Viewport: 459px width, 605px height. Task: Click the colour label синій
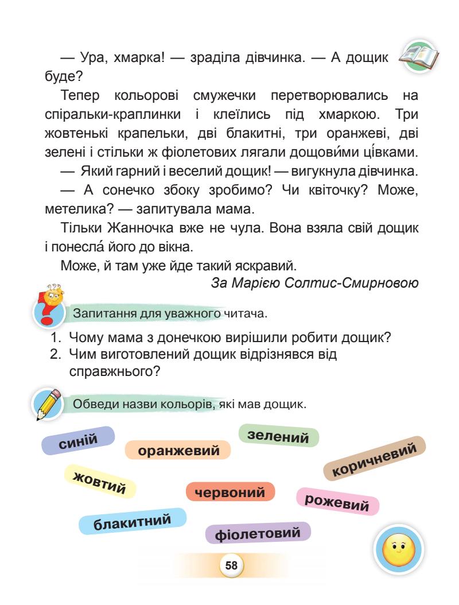[78, 441]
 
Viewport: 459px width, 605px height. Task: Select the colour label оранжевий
[177, 451]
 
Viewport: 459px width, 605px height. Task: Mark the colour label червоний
[230, 492]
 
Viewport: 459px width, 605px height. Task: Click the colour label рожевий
[337, 501]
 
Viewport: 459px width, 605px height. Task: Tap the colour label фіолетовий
[258, 534]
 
